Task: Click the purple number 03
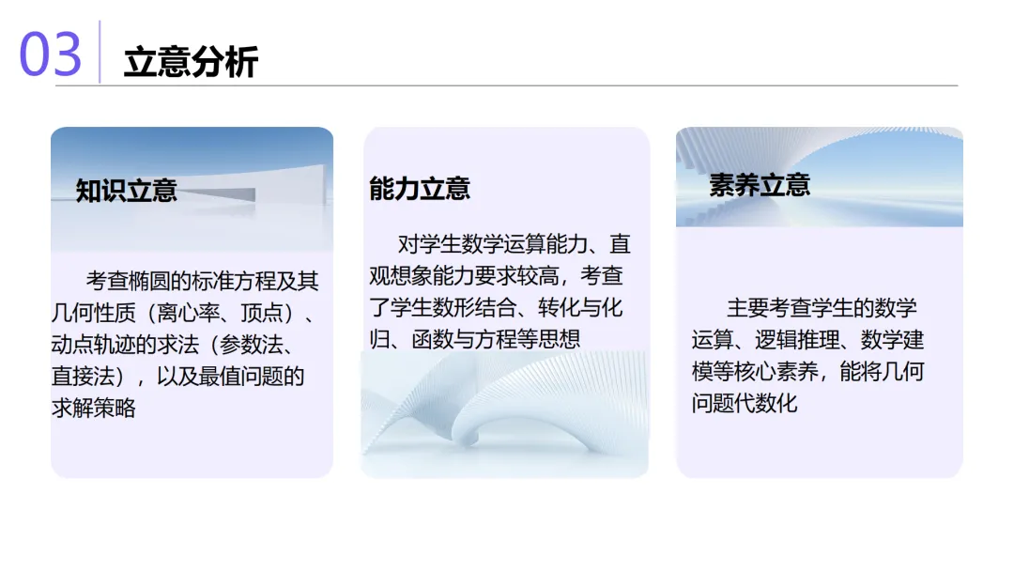[51, 54]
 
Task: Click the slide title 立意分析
[191, 63]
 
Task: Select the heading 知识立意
[127, 191]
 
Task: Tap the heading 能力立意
[420, 189]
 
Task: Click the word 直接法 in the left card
[82, 377]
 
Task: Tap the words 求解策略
[93, 409]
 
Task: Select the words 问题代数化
[745, 403]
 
